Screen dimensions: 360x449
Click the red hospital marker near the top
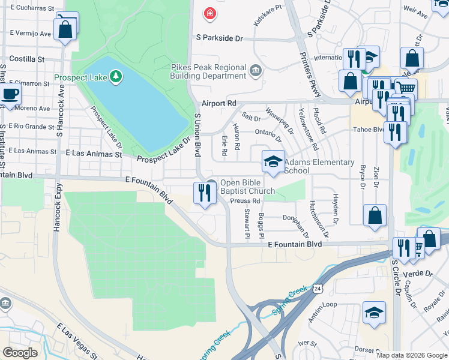tap(209, 13)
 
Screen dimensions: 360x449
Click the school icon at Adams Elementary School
tap(273, 161)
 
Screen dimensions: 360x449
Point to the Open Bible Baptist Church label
tap(247, 187)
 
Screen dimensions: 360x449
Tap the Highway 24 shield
tap(317, 289)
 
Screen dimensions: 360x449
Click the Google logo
tap(20, 353)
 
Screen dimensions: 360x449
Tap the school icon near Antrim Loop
tap(374, 313)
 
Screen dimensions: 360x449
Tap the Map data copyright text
tap(411, 355)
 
